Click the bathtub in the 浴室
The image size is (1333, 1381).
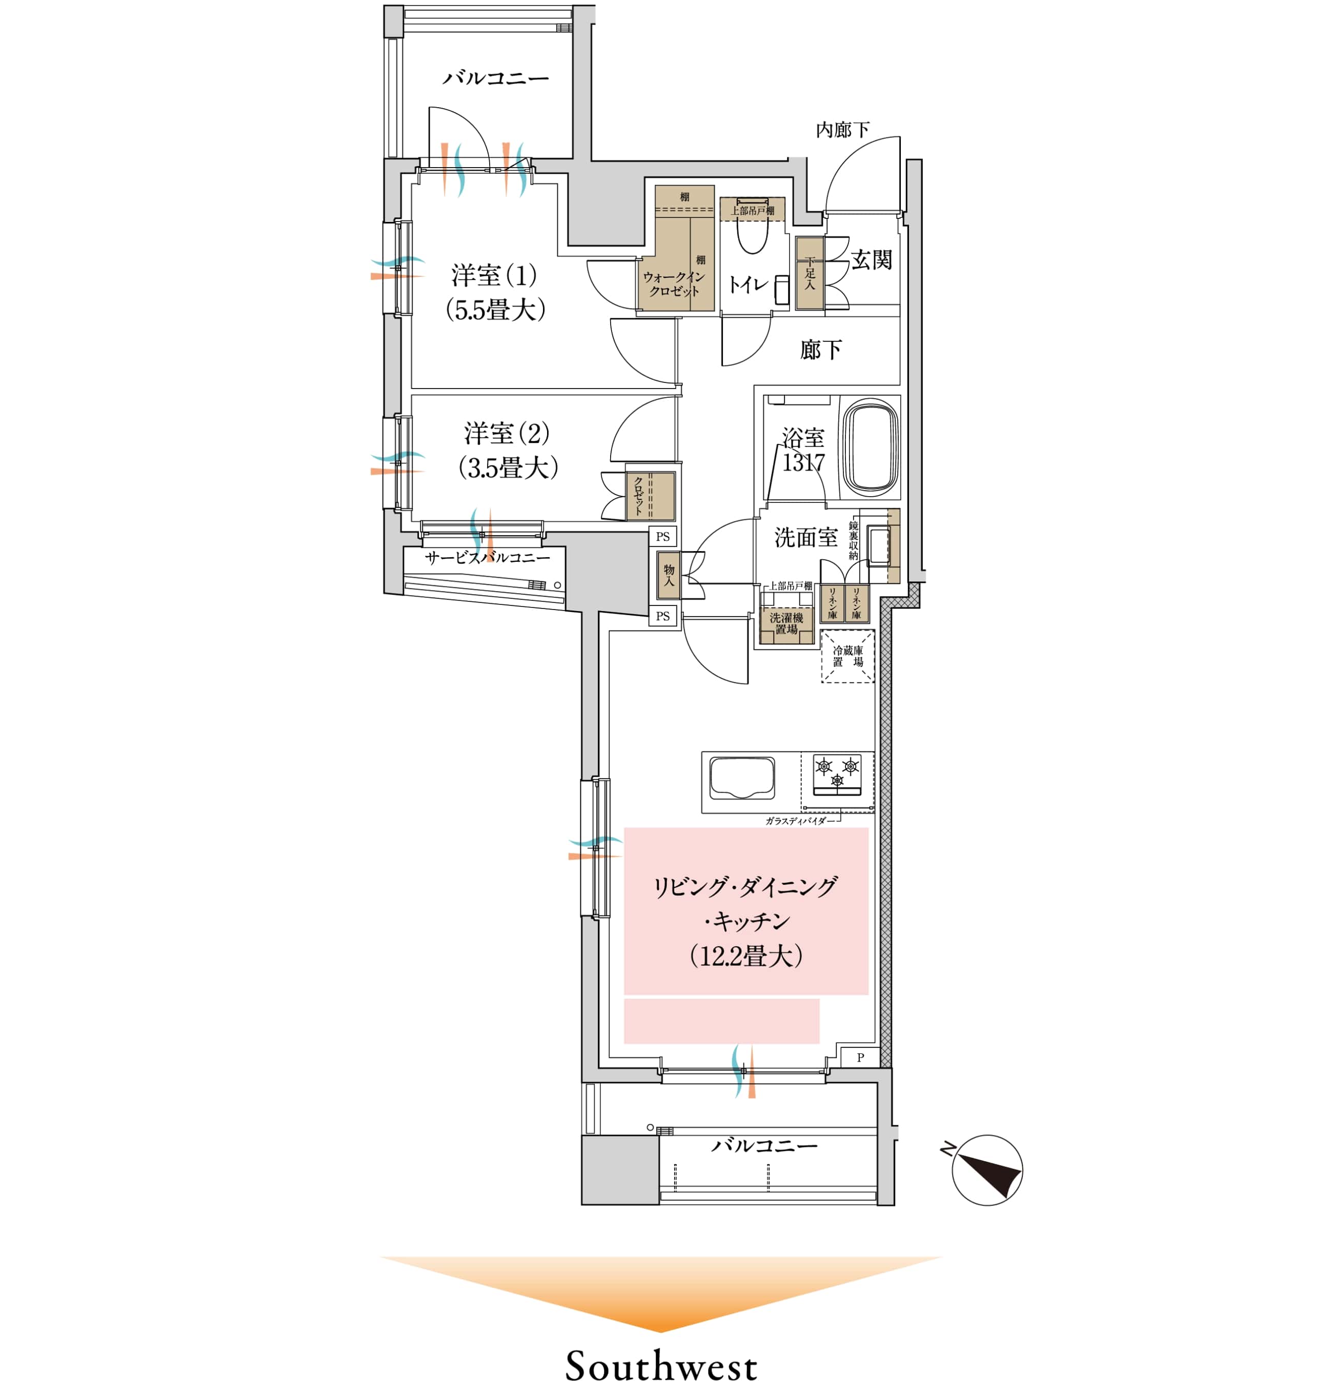(872, 446)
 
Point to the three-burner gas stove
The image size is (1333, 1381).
(838, 775)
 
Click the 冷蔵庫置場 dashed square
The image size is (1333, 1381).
(847, 656)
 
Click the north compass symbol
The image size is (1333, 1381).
(986, 1170)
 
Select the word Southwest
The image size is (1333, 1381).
(661, 1364)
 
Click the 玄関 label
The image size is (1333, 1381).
(872, 261)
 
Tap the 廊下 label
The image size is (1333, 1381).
(821, 350)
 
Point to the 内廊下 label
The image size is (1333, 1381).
(843, 130)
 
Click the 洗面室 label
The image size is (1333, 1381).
(806, 538)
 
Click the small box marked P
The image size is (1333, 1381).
(860, 1058)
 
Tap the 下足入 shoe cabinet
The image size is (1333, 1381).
(810, 273)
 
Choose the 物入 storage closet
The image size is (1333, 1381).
(669, 575)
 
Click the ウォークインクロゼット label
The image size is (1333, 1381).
(674, 284)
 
